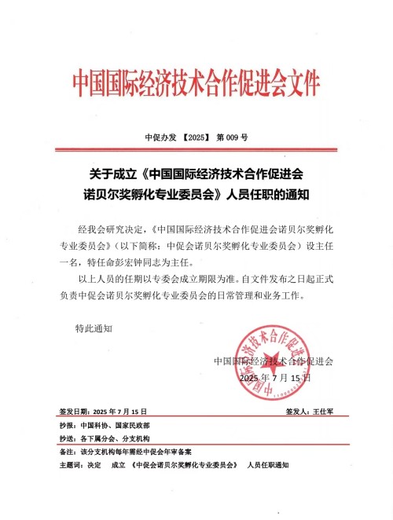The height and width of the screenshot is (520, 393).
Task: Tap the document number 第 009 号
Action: (x=232, y=137)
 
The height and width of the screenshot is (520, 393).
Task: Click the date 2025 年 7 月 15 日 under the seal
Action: (x=274, y=378)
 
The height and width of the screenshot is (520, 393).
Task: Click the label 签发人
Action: (x=295, y=412)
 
